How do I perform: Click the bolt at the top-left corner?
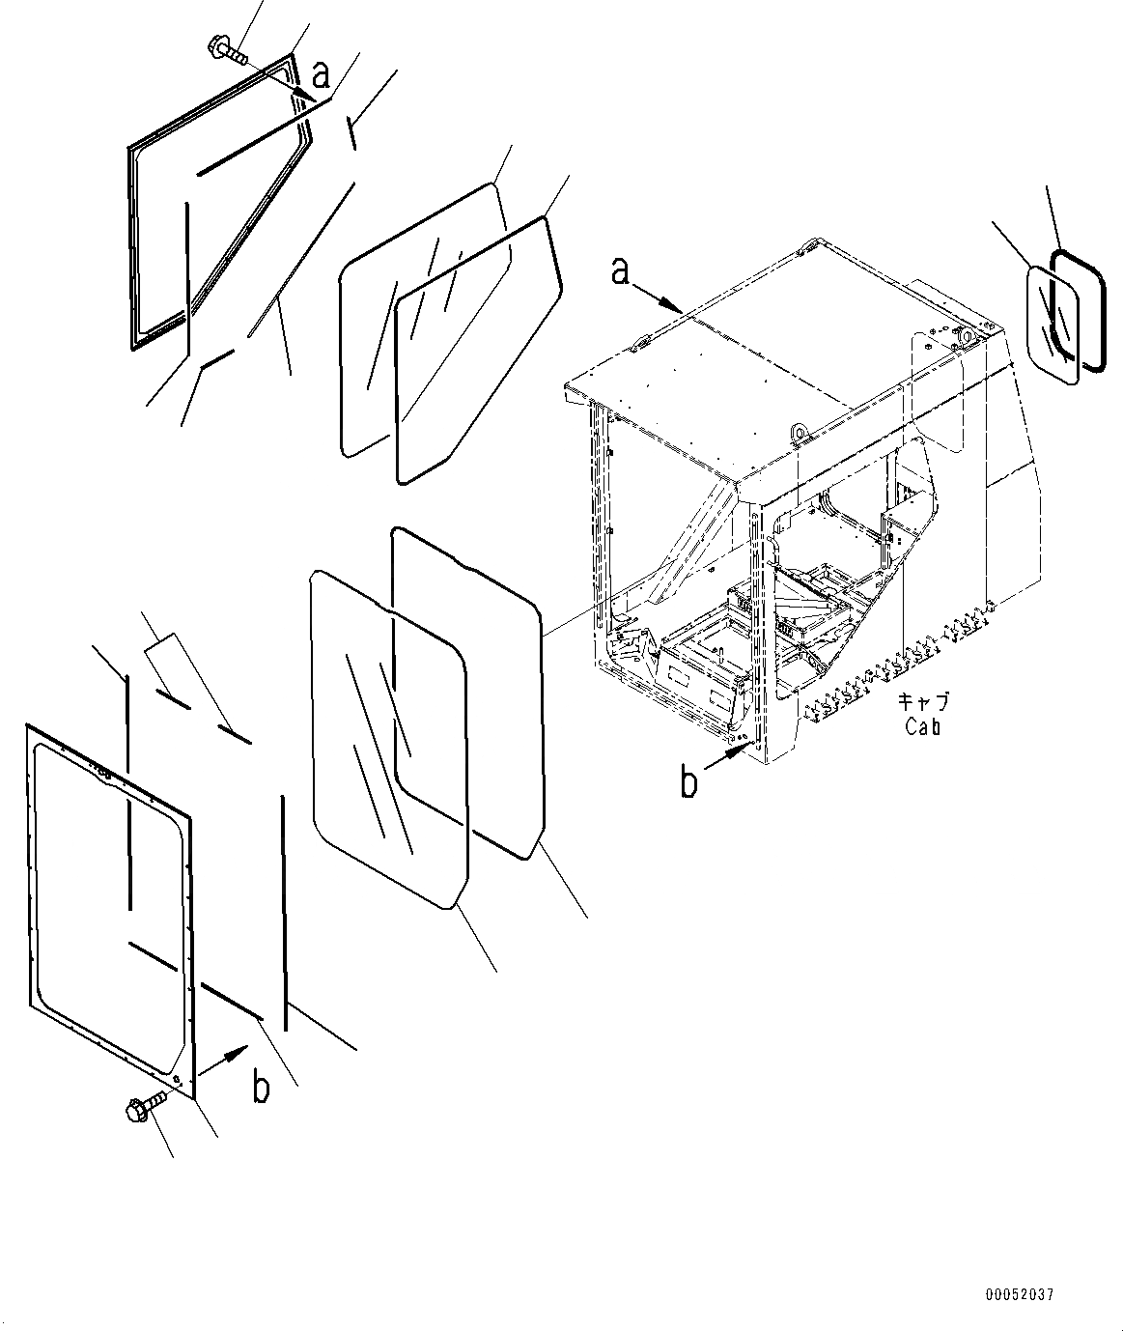[x=226, y=49]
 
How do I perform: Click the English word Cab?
[x=922, y=727]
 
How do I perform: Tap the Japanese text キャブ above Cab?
[x=922, y=702]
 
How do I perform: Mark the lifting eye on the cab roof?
[x=799, y=431]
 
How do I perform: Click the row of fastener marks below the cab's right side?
[x=888, y=666]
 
